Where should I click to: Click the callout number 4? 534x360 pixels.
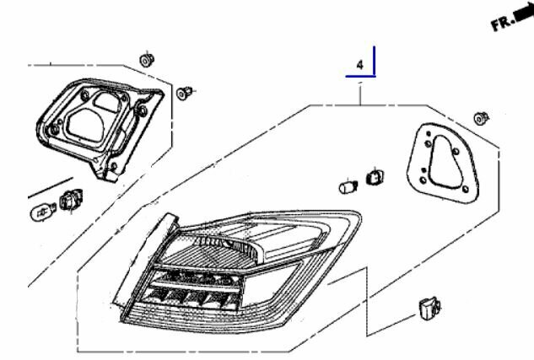click(x=360, y=65)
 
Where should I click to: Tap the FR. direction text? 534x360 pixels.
click(x=503, y=23)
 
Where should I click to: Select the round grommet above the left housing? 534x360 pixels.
click(x=147, y=60)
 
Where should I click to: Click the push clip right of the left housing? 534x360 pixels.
click(x=184, y=93)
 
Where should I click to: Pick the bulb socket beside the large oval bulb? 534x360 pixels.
click(x=71, y=200)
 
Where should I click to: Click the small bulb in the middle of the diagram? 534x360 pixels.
click(x=348, y=187)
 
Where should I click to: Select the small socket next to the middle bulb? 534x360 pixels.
click(x=375, y=177)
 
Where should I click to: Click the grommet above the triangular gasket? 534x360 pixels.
click(x=481, y=118)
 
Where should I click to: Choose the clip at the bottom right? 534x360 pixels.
click(x=429, y=308)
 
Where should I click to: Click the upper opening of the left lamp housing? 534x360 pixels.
click(x=106, y=102)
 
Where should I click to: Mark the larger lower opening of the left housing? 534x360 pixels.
click(x=85, y=126)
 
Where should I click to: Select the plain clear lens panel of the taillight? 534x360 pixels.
click(x=269, y=285)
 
